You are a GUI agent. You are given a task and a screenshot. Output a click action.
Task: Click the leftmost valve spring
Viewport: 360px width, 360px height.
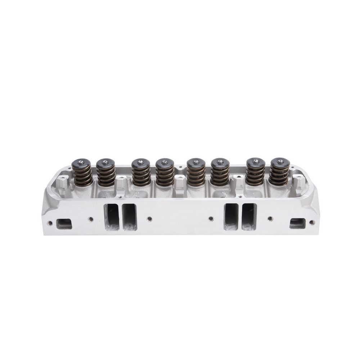(83, 175)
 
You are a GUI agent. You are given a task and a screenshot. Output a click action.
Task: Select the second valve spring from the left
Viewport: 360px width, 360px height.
(106, 175)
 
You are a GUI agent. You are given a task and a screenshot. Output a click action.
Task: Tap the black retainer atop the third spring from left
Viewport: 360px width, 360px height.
(140, 163)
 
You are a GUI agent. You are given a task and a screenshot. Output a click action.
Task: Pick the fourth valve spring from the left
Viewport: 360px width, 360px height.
(165, 175)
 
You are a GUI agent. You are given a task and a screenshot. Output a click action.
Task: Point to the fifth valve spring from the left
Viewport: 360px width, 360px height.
(196, 175)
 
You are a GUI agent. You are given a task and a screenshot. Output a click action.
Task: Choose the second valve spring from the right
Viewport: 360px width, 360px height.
(256, 175)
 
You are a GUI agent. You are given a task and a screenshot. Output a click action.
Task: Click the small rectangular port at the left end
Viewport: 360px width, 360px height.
(64, 224)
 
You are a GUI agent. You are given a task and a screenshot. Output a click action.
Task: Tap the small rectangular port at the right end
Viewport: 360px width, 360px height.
(297, 223)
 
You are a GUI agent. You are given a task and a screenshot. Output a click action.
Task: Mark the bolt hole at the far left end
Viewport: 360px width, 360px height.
(50, 223)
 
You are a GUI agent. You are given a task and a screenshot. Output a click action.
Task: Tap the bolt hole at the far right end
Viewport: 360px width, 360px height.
(312, 222)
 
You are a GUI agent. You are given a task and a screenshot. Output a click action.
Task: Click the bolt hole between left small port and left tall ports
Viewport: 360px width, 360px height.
(91, 219)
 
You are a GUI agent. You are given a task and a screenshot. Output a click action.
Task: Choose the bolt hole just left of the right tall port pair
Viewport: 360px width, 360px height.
(211, 219)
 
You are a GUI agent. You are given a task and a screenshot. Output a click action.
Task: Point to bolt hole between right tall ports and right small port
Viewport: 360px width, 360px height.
(270, 219)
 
